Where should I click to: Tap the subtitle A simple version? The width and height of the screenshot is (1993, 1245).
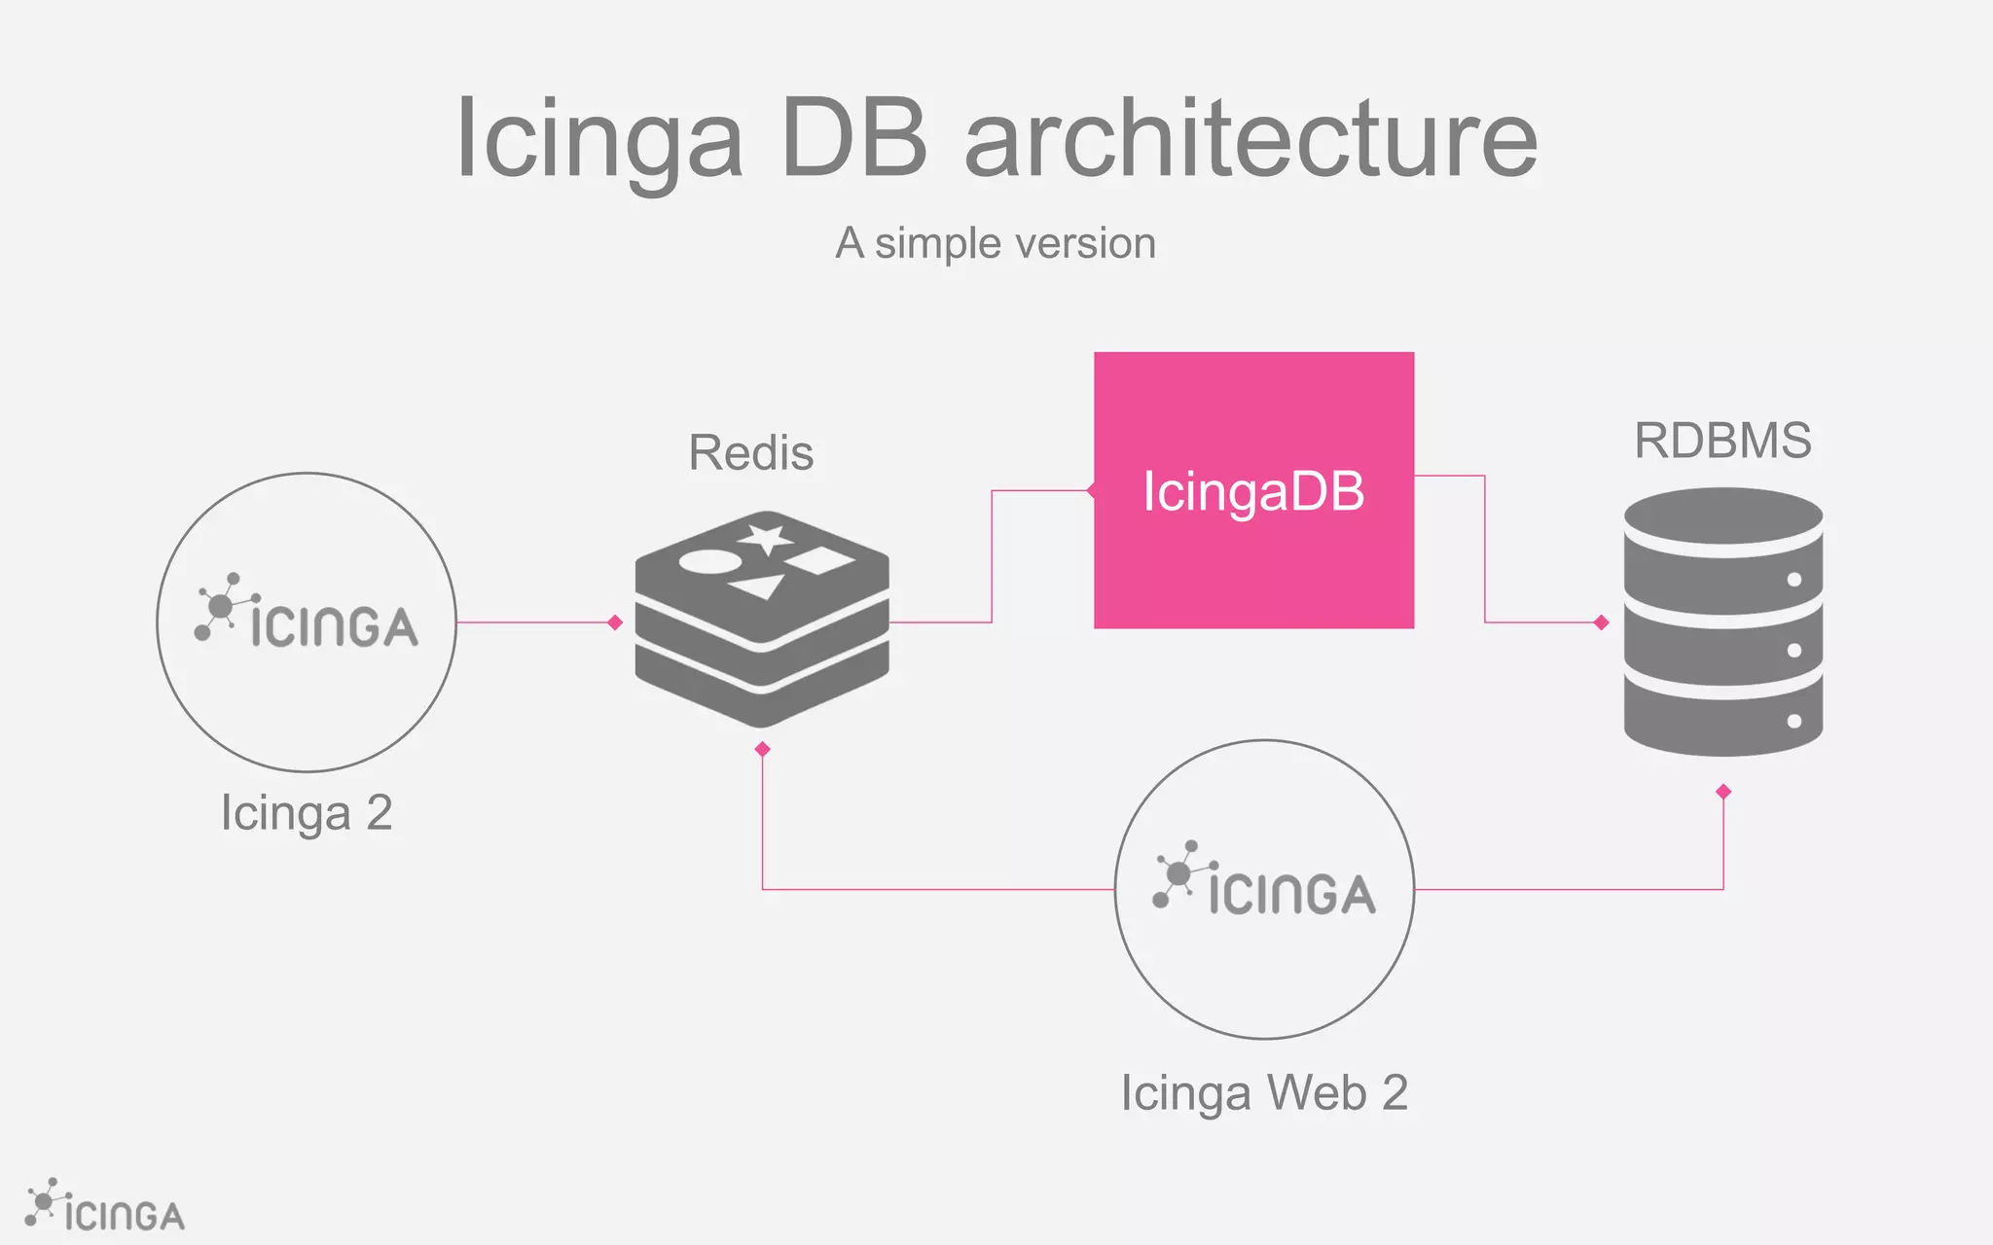coord(996,243)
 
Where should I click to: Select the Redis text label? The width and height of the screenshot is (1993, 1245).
coord(750,453)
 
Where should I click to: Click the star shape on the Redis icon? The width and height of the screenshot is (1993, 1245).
coord(765,538)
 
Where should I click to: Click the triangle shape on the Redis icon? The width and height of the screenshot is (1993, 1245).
coord(759,586)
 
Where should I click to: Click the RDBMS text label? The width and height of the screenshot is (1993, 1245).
coord(1722,441)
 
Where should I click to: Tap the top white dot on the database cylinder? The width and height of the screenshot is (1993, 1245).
coord(1794,580)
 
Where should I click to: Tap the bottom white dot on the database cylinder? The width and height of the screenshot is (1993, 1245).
coord(1794,722)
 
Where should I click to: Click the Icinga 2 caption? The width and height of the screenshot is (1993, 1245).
coord(307,813)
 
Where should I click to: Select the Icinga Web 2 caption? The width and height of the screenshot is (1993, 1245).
coord(1264,1093)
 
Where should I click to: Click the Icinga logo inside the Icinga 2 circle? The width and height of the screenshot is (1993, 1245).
coord(307,613)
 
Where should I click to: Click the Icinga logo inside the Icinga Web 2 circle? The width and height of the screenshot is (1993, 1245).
coord(1264,880)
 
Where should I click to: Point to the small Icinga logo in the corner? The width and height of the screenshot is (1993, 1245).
coord(104,1206)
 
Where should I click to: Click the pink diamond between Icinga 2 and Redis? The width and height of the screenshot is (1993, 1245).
coord(615,622)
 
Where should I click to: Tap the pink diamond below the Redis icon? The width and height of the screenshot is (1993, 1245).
coord(763,749)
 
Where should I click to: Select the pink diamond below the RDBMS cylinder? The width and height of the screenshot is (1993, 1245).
coord(1723,792)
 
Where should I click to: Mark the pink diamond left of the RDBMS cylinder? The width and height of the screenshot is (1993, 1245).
coord(1602,622)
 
